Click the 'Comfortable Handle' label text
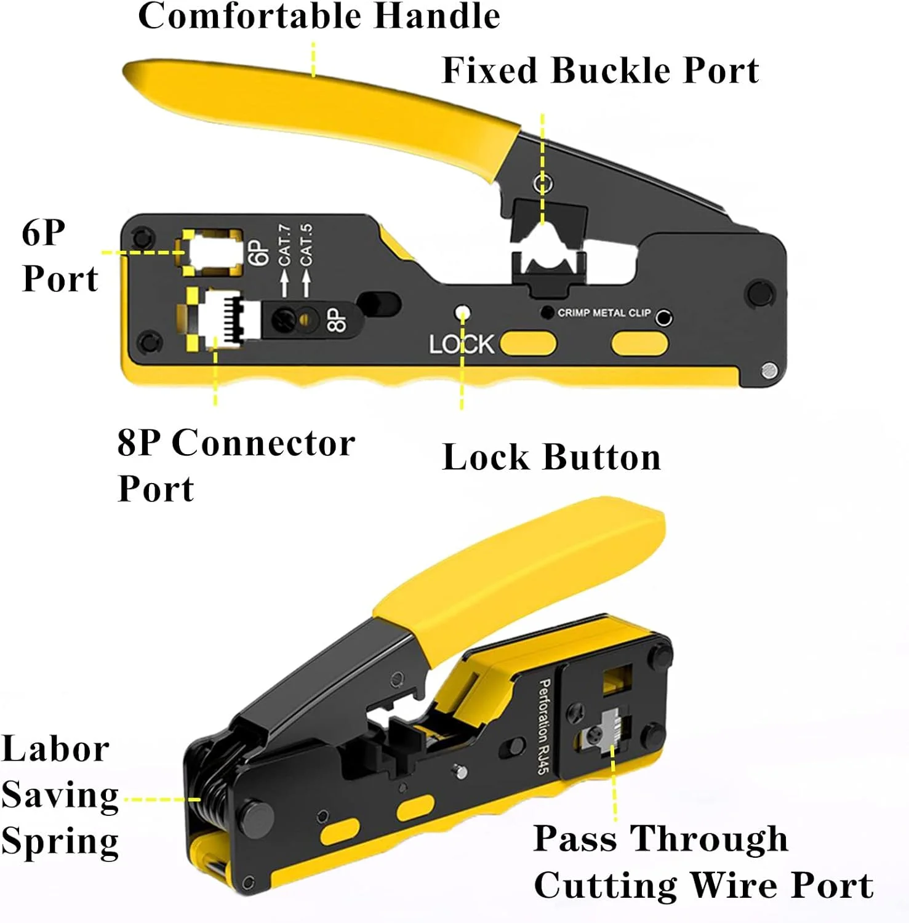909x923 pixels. [319, 16]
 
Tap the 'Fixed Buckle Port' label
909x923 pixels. [600, 70]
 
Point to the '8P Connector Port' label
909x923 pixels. [236, 465]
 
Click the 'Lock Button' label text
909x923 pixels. [551, 457]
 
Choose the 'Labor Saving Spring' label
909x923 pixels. [60, 795]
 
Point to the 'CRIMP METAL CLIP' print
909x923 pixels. [604, 313]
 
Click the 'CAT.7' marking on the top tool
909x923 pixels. [284, 244]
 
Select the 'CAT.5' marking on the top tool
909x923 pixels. [306, 244]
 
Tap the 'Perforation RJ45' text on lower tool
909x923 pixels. [543, 726]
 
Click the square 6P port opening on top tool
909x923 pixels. [211, 252]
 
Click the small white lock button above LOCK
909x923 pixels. [463, 313]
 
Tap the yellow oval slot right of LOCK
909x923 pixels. [528, 343]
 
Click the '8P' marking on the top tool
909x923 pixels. [336, 320]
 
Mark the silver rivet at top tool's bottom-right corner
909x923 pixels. [769, 370]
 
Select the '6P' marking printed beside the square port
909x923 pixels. [258, 252]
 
